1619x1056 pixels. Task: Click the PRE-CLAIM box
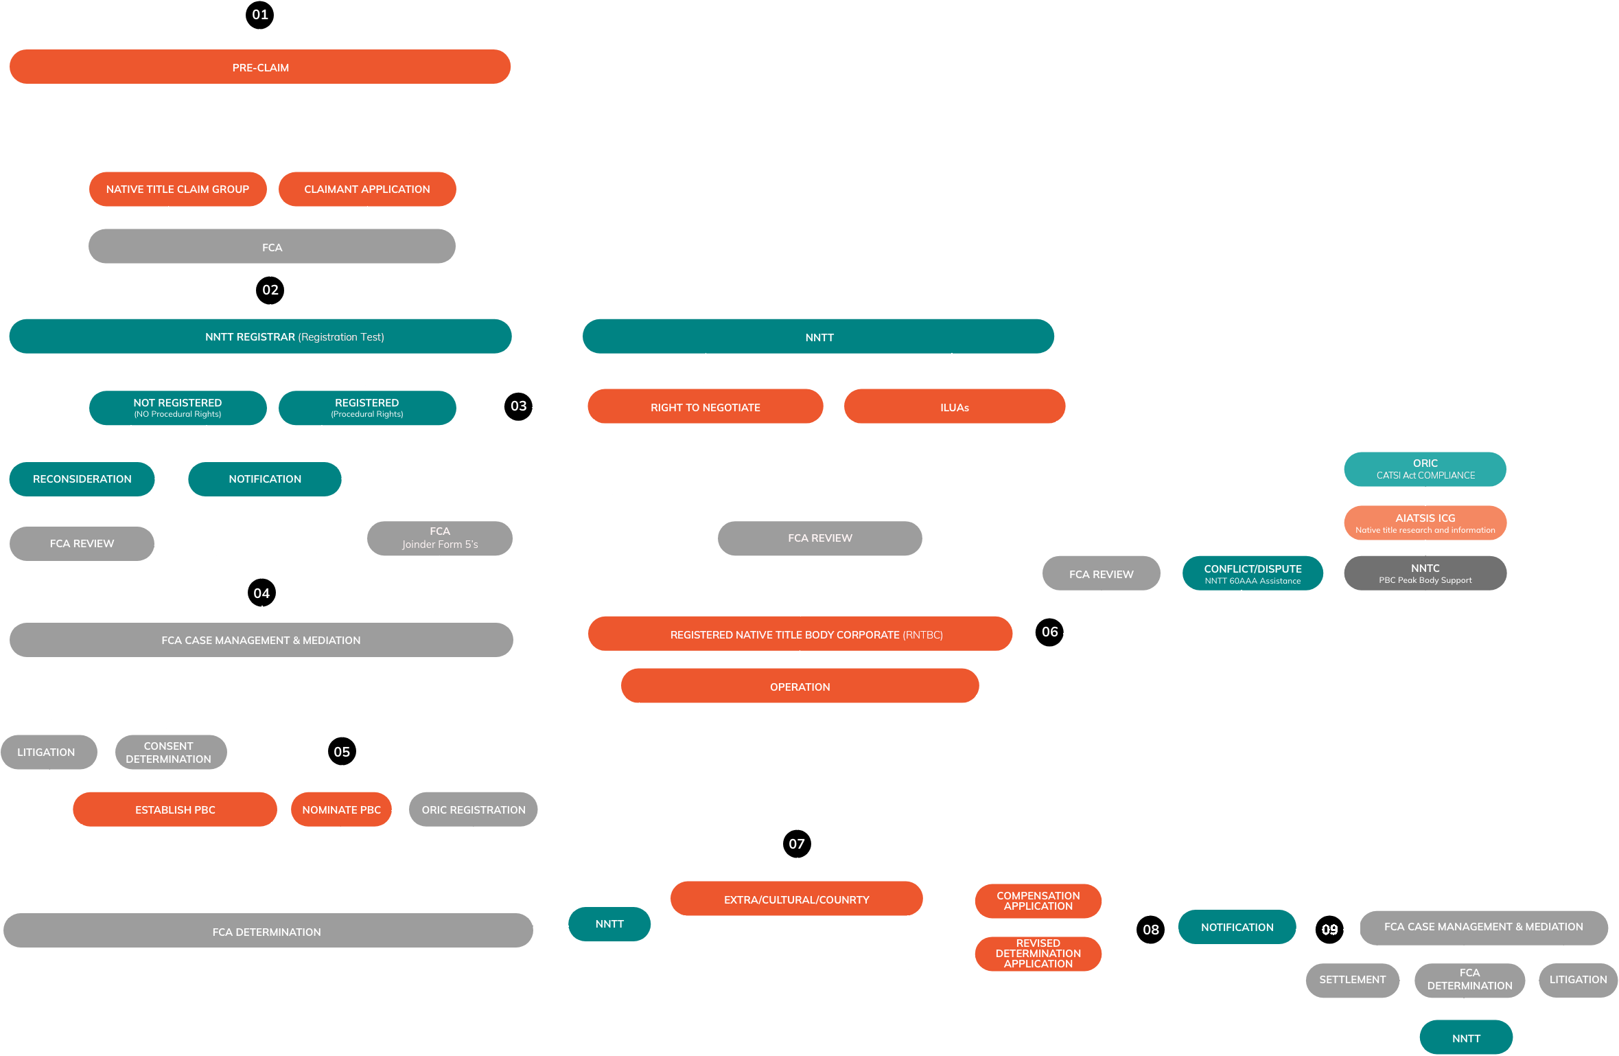(260, 67)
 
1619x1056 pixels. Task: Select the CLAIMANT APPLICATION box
(367, 190)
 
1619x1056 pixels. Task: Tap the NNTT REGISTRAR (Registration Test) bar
(260, 336)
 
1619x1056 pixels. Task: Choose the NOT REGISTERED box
(178, 408)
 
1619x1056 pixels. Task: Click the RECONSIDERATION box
(82, 479)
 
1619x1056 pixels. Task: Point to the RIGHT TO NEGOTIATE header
(706, 407)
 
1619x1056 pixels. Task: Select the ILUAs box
(955, 407)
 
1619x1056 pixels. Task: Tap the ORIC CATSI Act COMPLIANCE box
(1425, 469)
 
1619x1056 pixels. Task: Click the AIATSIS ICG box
(1425, 523)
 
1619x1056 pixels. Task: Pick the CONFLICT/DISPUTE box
(1253, 574)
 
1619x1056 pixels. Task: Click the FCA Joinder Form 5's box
(440, 538)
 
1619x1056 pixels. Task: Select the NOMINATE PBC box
(341, 810)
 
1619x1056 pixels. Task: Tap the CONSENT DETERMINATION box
(169, 753)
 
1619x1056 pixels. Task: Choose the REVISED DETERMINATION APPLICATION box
(1038, 954)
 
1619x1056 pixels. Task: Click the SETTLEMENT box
(1352, 980)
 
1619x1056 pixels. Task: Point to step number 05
(342, 752)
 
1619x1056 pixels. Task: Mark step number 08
(1151, 930)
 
